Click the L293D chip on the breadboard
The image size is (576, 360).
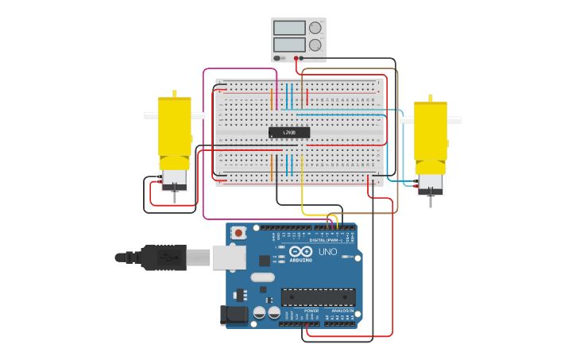(x=289, y=133)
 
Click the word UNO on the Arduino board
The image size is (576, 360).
(x=327, y=252)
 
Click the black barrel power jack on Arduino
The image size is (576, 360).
(x=234, y=315)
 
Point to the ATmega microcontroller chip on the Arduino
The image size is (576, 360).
(x=318, y=297)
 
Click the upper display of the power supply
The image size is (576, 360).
(x=289, y=28)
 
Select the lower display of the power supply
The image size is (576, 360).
(x=289, y=45)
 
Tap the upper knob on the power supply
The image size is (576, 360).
(x=315, y=28)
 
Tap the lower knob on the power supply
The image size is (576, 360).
(x=315, y=45)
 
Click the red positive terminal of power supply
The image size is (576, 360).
(x=296, y=58)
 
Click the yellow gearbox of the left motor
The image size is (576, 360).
(x=175, y=126)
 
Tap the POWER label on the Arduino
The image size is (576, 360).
(x=300, y=311)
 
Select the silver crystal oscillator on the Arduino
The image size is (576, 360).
(x=262, y=277)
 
